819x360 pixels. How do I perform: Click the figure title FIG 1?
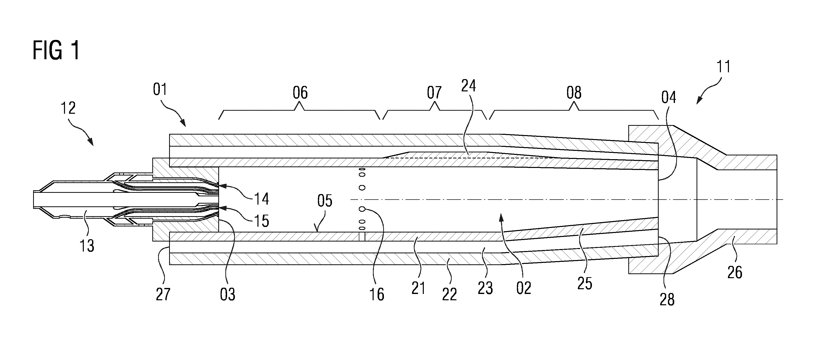[56, 50]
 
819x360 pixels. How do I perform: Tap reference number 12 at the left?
[68, 108]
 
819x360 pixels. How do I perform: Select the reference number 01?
[160, 89]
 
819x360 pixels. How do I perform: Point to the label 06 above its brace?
[300, 93]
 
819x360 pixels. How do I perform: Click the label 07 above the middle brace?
[434, 93]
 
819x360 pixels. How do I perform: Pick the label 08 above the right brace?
[574, 93]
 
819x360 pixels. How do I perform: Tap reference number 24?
[469, 86]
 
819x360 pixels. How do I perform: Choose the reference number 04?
[669, 97]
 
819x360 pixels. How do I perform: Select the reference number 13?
[87, 246]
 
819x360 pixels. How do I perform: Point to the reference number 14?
[261, 199]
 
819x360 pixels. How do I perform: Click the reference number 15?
[261, 221]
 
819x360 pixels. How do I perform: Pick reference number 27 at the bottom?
[163, 294]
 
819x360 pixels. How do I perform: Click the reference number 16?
[377, 294]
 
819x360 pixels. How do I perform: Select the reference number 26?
[735, 273]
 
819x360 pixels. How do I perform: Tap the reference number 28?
[667, 299]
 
